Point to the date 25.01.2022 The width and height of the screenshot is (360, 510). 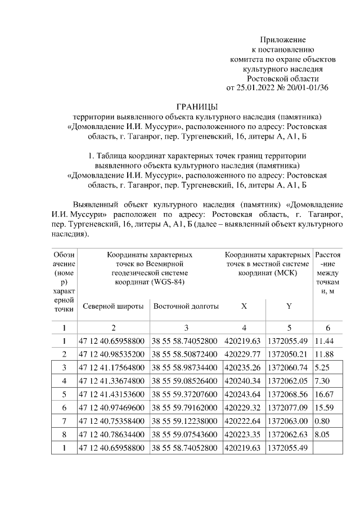[x=254, y=87]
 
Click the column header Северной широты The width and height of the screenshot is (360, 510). [x=112, y=306]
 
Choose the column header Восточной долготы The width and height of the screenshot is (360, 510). [x=186, y=306]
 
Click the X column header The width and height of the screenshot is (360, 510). [x=244, y=306]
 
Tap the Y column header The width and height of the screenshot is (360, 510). [x=289, y=306]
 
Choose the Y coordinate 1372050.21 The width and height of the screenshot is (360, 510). [x=288, y=354]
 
